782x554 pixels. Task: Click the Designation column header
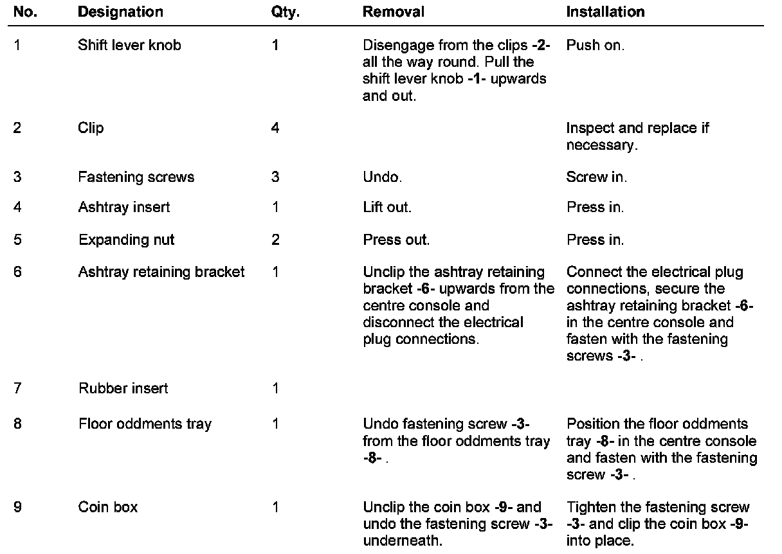pos(120,12)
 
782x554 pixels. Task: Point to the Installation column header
pos(605,12)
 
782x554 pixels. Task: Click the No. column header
pos(24,12)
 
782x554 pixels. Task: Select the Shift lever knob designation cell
pos(129,46)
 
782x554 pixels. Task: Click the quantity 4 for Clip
pos(275,128)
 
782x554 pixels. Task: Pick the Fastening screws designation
pos(136,177)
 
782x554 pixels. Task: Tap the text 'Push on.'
pos(595,46)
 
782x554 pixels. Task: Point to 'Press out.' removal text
pos(396,240)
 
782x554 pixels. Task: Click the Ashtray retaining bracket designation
pos(161,272)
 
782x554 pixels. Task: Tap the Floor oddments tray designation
pos(145,424)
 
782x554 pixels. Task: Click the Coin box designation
pos(108,508)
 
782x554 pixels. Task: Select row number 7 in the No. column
pos(17,388)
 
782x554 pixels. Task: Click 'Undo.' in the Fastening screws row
pos(383,177)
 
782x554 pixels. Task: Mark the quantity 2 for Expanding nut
pos(275,240)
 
